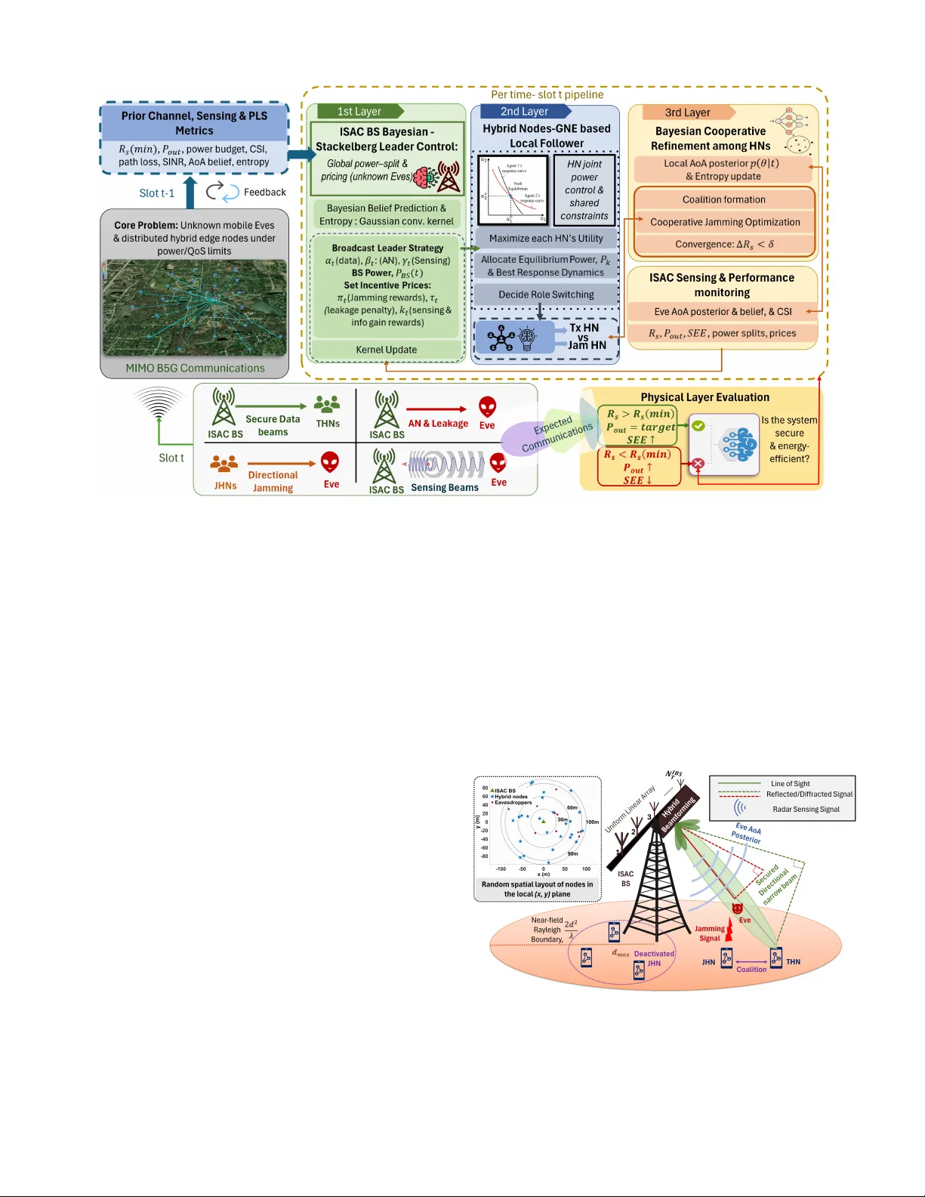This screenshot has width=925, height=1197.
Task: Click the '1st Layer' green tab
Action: click(x=359, y=112)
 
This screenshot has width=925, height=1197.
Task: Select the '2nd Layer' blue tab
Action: click(x=524, y=112)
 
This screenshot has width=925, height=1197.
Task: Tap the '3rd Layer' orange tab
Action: click(x=687, y=113)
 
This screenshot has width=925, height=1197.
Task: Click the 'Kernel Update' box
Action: click(x=387, y=350)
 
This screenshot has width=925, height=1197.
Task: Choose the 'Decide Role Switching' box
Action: click(x=546, y=295)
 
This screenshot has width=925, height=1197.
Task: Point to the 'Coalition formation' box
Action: click(x=723, y=199)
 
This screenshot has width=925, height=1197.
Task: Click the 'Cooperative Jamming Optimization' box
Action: click(x=725, y=222)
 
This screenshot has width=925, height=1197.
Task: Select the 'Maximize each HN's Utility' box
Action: click(x=546, y=239)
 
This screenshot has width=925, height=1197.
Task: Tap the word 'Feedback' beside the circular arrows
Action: click(x=264, y=193)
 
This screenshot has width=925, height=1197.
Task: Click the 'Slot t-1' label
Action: click(x=157, y=193)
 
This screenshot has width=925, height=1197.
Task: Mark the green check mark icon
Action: click(x=698, y=426)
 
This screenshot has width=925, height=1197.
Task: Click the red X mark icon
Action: click(x=698, y=463)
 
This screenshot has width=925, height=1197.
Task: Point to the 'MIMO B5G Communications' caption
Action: click(x=195, y=369)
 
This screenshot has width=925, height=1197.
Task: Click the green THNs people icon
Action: click(x=327, y=405)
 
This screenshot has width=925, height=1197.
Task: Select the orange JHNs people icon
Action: click(x=224, y=464)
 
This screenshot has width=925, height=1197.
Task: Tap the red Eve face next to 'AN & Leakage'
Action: click(x=488, y=407)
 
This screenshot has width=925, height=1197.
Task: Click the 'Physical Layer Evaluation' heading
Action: click(x=705, y=397)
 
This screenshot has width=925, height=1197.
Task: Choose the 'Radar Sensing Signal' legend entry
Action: click(x=806, y=810)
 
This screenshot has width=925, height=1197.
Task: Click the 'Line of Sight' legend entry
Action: click(x=790, y=784)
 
